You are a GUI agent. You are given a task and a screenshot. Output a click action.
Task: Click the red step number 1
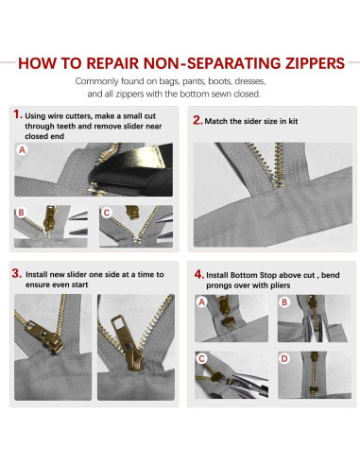point(16,112)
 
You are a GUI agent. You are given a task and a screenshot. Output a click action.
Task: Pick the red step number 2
point(197,120)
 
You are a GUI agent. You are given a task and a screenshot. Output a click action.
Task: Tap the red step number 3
point(16,273)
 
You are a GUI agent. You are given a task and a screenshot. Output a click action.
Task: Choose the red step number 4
point(197,273)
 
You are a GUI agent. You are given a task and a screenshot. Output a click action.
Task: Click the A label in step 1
point(22,149)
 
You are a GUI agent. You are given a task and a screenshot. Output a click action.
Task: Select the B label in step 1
point(20,212)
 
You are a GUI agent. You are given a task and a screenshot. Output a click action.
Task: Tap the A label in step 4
point(202,301)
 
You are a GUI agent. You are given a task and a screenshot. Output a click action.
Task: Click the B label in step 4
point(284,301)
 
